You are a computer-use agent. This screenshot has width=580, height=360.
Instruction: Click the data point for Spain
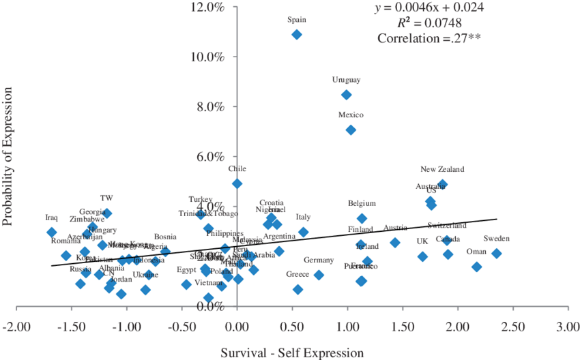pyautogui.click(x=296, y=34)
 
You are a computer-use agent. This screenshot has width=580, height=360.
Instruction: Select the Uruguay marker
pyautogui.click(x=347, y=94)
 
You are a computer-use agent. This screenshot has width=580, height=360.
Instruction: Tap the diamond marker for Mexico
pyautogui.click(x=351, y=130)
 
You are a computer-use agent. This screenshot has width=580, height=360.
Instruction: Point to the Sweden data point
pyautogui.click(x=497, y=253)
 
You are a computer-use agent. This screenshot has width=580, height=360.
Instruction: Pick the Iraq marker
pyautogui.click(x=52, y=232)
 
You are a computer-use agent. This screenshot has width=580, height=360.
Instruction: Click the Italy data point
pyautogui.click(x=304, y=232)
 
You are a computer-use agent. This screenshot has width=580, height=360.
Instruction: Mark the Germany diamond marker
pyautogui.click(x=319, y=275)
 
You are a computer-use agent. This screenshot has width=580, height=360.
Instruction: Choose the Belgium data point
pyautogui.click(x=362, y=218)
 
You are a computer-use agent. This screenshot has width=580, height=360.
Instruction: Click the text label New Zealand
pyautogui.click(x=442, y=169)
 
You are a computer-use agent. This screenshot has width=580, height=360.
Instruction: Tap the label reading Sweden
pyautogui.click(x=496, y=239)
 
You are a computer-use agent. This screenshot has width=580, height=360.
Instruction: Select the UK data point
pyautogui.click(x=422, y=256)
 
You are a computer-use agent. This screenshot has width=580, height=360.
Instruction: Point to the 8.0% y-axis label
pyautogui.click(x=212, y=107)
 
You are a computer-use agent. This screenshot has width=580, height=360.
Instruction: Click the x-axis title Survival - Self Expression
pyautogui.click(x=291, y=352)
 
